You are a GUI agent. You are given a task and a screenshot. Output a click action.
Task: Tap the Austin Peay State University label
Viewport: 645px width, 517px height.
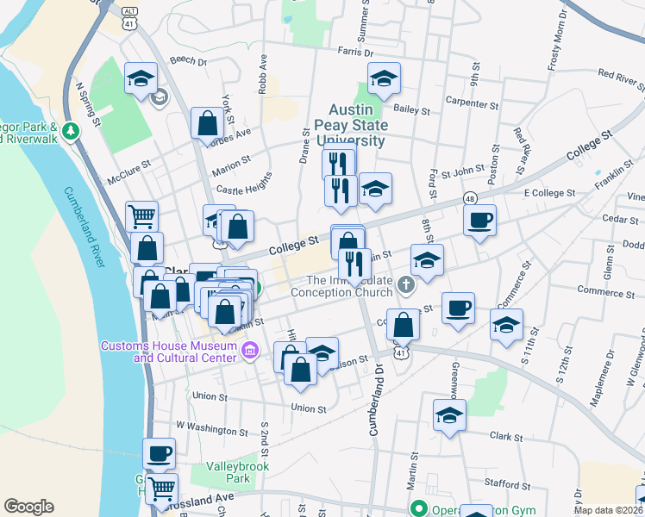click(357, 126)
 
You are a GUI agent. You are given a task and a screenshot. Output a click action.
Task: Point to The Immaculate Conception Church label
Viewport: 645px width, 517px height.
click(348, 286)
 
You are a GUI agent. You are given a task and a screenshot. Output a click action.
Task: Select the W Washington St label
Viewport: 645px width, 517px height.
click(211, 426)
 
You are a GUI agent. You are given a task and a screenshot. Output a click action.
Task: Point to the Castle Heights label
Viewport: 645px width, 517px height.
click(244, 184)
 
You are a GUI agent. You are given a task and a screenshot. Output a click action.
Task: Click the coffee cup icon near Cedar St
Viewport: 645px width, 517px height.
click(479, 220)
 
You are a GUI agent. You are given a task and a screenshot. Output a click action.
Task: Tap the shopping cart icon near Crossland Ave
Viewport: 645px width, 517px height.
click(161, 489)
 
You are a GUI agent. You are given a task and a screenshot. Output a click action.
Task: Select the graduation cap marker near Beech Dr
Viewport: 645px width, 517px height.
click(141, 79)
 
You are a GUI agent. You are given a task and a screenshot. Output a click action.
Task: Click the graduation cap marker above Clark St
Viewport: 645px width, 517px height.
click(449, 415)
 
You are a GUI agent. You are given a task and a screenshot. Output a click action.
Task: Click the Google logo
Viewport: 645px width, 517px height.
click(28, 507)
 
